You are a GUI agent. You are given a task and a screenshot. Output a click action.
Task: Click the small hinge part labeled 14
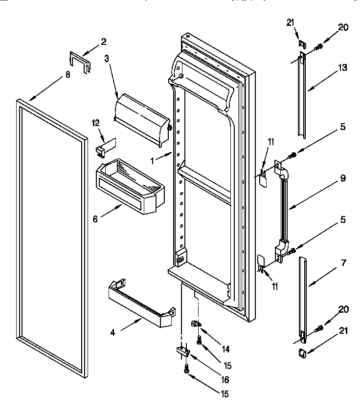coord(197,324)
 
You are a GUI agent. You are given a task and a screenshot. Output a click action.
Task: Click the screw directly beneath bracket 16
coord(186,370)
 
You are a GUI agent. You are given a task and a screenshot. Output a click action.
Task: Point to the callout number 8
coord(67,75)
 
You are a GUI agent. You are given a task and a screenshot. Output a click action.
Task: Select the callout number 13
coord(342,68)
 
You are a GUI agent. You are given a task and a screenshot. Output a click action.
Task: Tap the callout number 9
coord(343,178)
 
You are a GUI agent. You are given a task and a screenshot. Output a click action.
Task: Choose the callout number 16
coord(225,379)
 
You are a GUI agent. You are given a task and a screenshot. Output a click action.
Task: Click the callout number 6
coord(96,219)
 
